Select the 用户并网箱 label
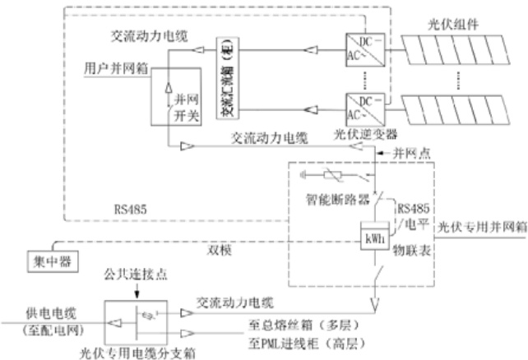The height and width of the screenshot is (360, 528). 117,69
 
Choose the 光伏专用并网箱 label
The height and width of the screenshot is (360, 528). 479,226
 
